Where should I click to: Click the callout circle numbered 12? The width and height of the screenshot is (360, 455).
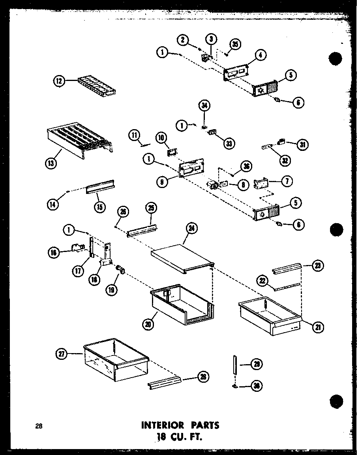59,81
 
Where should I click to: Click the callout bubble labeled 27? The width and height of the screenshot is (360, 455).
62,354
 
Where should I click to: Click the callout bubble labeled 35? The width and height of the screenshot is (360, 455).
236,44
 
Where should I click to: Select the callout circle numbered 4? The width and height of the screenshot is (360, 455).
260,56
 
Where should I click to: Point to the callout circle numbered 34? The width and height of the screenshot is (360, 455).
205,105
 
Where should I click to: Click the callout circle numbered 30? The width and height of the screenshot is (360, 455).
258,386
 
